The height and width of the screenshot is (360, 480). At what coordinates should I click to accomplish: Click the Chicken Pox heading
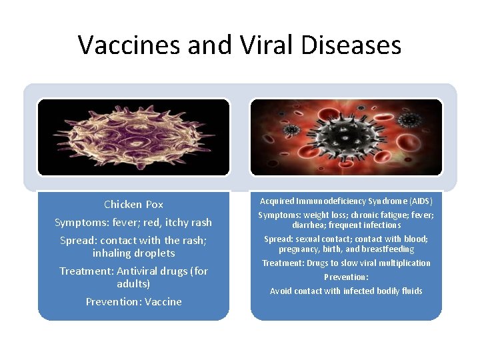pyautogui.click(x=133, y=204)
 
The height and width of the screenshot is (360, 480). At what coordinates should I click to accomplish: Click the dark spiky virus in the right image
pyautogui.click(x=346, y=137)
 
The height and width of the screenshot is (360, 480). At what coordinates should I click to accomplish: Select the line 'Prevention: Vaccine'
pyautogui.click(x=133, y=302)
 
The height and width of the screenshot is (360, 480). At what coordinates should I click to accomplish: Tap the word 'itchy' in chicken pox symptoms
pyautogui.click(x=175, y=222)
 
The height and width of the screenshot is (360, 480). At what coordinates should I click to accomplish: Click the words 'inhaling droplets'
pyautogui.click(x=133, y=253)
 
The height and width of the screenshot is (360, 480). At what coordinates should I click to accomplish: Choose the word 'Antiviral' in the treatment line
pyautogui.click(x=139, y=271)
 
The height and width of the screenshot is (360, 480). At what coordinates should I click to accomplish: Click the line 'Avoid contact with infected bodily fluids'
pyautogui.click(x=346, y=291)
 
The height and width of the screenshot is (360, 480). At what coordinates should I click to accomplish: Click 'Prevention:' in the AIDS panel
pyautogui.click(x=346, y=277)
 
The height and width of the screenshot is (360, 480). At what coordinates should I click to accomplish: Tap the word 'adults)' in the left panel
pyautogui.click(x=133, y=284)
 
